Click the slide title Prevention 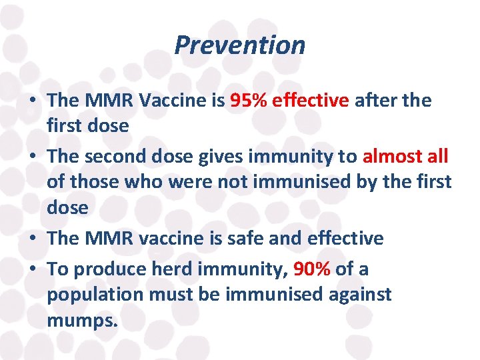[239, 45]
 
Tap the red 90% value [312, 269]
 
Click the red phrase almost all [405, 157]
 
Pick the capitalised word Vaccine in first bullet [169, 101]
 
